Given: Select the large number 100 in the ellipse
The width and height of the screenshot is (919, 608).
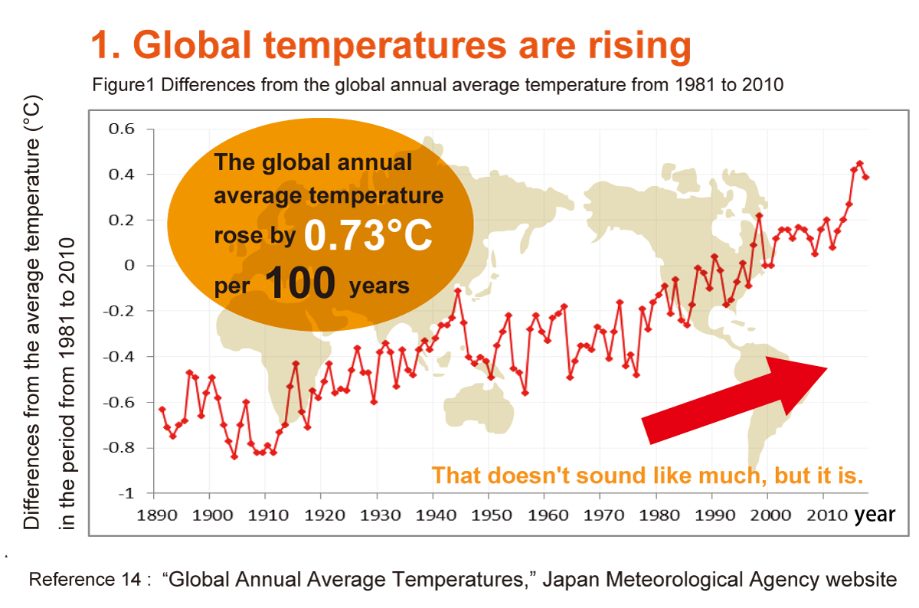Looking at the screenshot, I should point(301,284).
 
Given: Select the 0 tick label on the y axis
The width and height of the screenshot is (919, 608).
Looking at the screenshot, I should point(129,265).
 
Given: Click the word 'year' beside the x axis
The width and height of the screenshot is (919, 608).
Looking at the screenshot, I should point(875,515).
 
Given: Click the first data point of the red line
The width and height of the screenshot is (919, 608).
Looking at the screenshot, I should point(162,409).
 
